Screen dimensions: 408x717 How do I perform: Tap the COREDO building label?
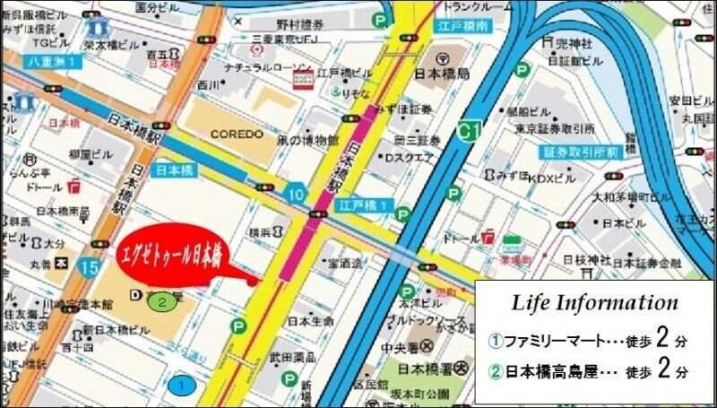[237, 134]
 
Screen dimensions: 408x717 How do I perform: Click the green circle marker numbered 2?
[162, 301]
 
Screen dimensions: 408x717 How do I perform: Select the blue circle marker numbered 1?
[182, 386]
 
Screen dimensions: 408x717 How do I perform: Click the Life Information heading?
[595, 302]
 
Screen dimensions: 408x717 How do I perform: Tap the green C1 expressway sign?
[467, 131]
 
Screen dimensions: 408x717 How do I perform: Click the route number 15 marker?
[88, 266]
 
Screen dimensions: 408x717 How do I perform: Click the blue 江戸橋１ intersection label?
[363, 205]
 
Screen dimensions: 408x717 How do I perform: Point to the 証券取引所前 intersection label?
[579, 152]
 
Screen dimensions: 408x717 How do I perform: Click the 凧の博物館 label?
[307, 141]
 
